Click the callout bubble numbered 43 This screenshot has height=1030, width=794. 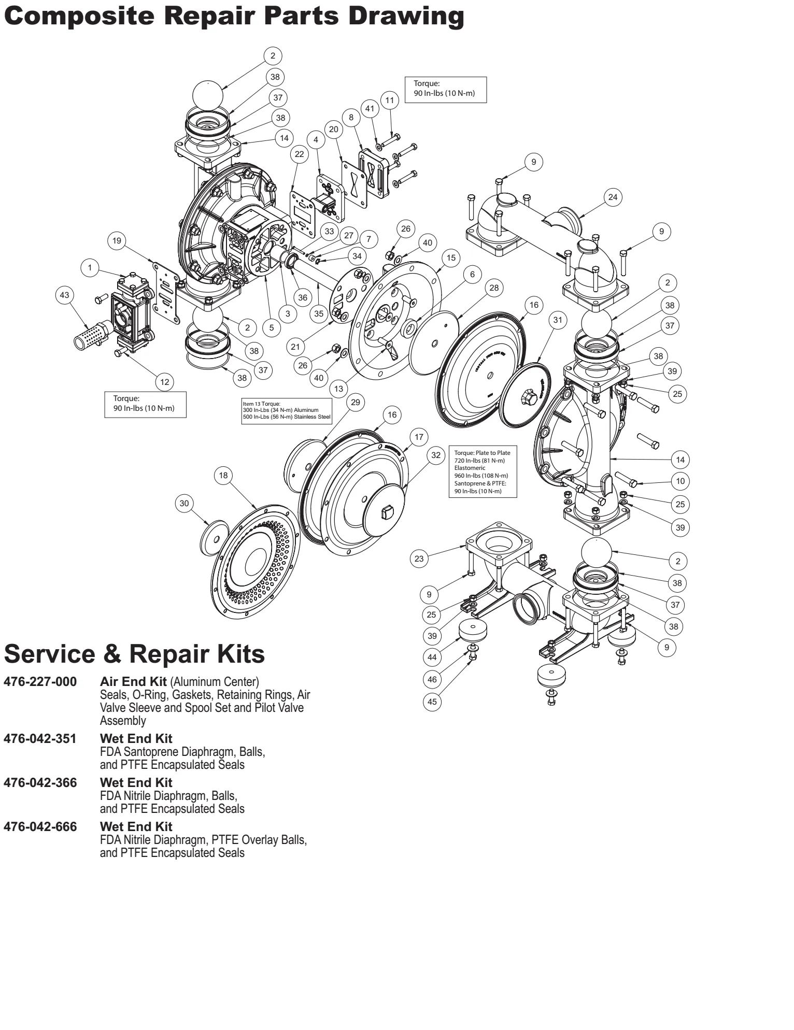64,295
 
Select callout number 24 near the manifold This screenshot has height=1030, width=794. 613,197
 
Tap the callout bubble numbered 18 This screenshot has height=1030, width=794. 223,476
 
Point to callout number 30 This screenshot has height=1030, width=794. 185,503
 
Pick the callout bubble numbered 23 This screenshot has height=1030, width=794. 419,559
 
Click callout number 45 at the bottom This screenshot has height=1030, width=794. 432,702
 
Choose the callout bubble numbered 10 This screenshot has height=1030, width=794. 680,481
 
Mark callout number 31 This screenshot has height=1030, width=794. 558,320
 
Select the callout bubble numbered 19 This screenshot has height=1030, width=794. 117,241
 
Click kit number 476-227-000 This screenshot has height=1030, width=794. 40,682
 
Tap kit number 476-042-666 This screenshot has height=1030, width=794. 40,827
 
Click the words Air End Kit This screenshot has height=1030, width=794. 133,682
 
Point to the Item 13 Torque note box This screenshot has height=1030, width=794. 287,411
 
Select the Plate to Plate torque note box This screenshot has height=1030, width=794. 483,472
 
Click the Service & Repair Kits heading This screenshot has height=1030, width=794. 134,654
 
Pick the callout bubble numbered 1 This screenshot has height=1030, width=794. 90,268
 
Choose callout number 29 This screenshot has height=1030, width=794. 356,403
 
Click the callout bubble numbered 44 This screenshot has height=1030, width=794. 432,657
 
